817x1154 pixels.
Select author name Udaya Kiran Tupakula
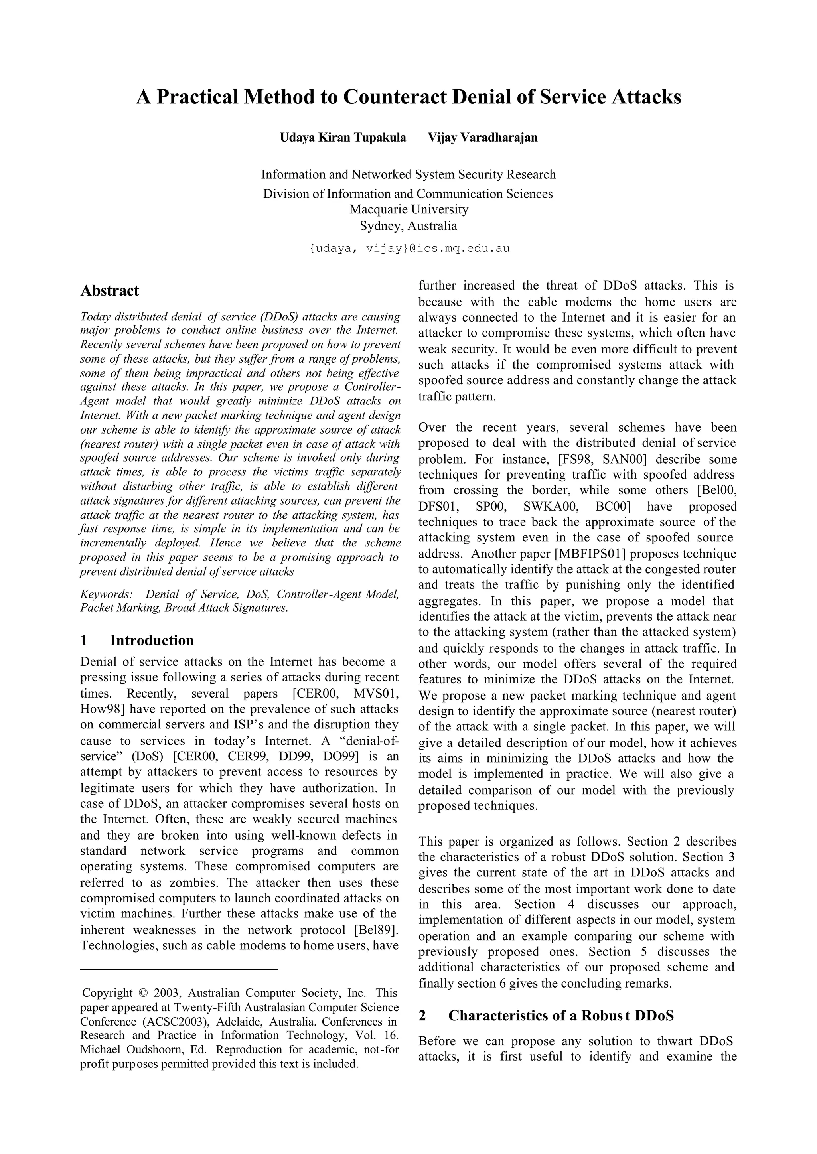(x=343, y=137)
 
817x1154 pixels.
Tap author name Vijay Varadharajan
(x=482, y=137)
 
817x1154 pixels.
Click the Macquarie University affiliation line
(x=408, y=209)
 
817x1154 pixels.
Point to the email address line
(x=408, y=249)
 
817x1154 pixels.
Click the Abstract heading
(x=109, y=291)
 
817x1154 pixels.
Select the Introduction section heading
(x=152, y=640)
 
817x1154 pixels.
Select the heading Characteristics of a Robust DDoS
(x=560, y=1016)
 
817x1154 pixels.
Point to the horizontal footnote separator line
(x=179, y=969)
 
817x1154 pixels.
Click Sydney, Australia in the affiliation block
(x=408, y=225)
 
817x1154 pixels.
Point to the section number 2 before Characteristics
(x=422, y=1016)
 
